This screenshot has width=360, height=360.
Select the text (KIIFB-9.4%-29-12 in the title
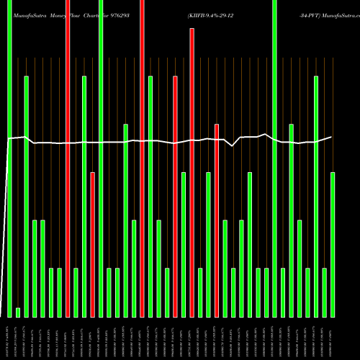pyautogui.click(x=218, y=14)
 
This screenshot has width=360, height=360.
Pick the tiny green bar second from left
pyautogui.click(x=18, y=312)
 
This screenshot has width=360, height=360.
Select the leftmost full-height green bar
pyautogui.click(x=9, y=158)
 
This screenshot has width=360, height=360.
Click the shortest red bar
pyautogui.click(x=93, y=245)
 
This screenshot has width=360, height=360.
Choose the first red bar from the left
pyautogui.click(x=68, y=158)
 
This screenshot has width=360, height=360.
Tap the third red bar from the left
pyautogui.click(x=142, y=158)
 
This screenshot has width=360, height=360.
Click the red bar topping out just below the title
pyautogui.click(x=192, y=173)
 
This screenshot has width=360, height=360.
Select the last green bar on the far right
pyautogui.click(x=333, y=245)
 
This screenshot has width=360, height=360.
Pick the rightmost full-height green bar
pyautogui.click(x=274, y=158)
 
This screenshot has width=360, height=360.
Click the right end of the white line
pyautogui.click(x=331, y=137)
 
